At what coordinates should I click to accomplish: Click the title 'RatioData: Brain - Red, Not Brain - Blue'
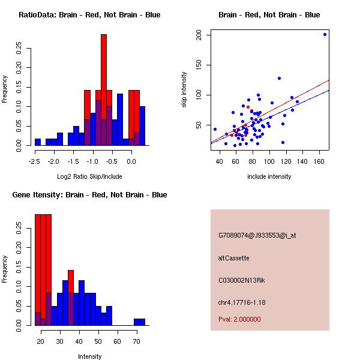(89, 15)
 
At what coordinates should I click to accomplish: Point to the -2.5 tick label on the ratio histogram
(37, 161)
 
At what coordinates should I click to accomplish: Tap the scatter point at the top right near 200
(325, 34)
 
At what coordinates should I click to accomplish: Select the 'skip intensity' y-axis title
(185, 90)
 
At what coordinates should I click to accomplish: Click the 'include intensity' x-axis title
(269, 176)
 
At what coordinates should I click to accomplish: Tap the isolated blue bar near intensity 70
(139, 322)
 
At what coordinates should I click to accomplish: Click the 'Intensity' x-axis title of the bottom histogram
(89, 356)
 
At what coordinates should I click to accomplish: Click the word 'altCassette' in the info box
(233, 258)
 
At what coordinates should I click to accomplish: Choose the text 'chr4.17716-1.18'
(242, 302)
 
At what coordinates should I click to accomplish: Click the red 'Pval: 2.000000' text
(239, 319)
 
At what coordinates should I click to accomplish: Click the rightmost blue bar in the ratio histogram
(142, 125)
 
